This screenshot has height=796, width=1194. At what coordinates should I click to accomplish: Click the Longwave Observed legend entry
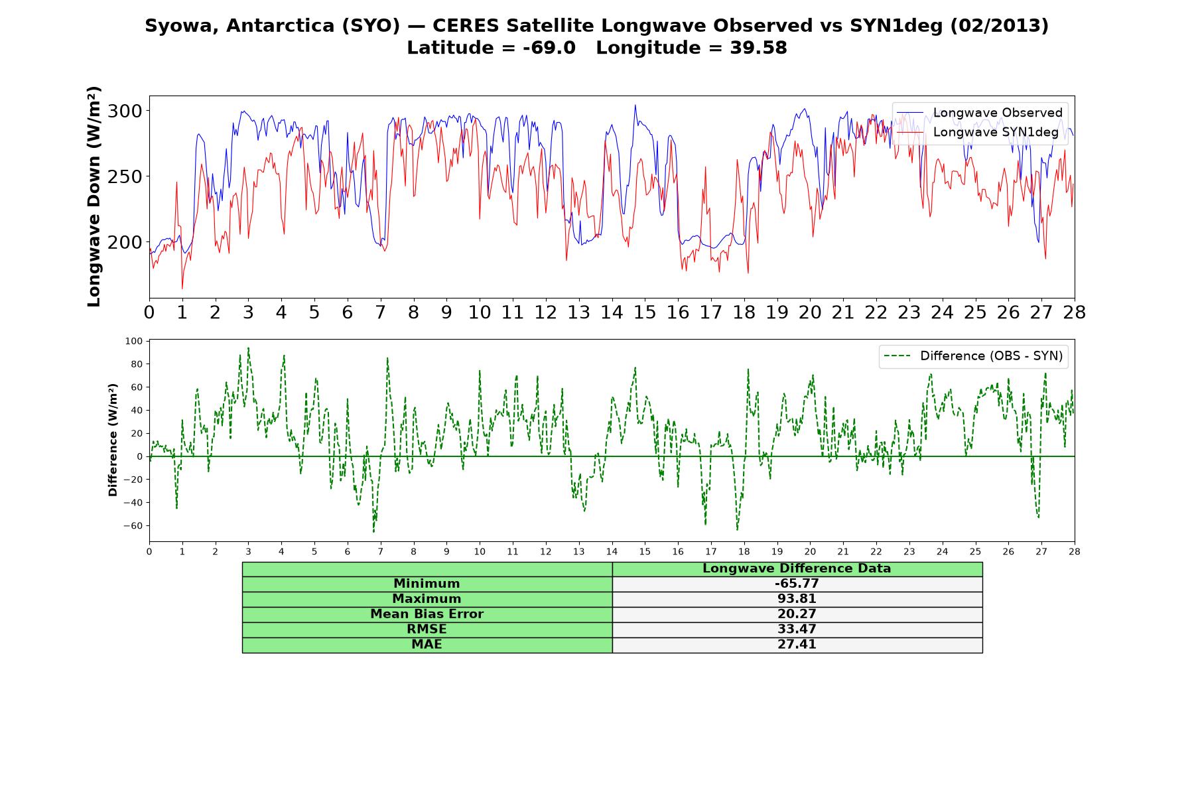pyautogui.click(x=980, y=113)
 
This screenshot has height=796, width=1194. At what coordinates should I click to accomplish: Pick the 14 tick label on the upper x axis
pyautogui.click(x=612, y=312)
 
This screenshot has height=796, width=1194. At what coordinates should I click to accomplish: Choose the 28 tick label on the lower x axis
pyautogui.click(x=1074, y=551)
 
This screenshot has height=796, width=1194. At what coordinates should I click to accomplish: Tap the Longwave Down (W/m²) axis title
pyautogui.click(x=94, y=196)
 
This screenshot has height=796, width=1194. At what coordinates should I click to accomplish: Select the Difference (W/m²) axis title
pyautogui.click(x=113, y=440)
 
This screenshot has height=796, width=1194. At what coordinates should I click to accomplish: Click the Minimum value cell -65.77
pyautogui.click(x=797, y=584)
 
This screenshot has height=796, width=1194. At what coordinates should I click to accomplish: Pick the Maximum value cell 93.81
pyautogui.click(x=797, y=599)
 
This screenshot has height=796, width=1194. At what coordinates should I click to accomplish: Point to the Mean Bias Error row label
pyautogui.click(x=427, y=614)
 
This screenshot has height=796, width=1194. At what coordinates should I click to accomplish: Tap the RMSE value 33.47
pyautogui.click(x=797, y=630)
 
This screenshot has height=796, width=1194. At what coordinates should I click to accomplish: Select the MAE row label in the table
pyautogui.click(x=427, y=645)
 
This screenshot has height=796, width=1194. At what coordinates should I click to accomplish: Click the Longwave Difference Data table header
pyautogui.click(x=797, y=568)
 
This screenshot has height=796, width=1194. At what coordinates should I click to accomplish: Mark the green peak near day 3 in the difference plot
pyautogui.click(x=248, y=348)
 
